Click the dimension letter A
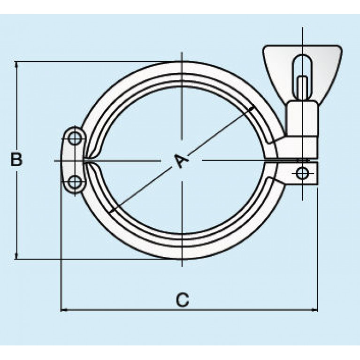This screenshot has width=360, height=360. tap(181, 160)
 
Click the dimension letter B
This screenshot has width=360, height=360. tap(17, 160)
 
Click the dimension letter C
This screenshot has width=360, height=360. tap(183, 299)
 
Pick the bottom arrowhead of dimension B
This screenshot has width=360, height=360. tap(17, 256)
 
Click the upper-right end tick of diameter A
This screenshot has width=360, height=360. tap(252, 109)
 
